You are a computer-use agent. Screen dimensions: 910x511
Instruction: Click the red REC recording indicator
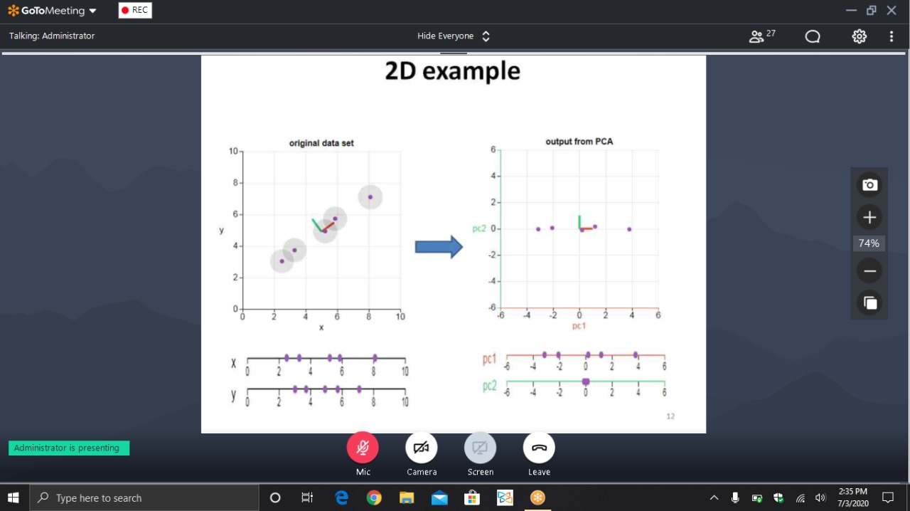135,10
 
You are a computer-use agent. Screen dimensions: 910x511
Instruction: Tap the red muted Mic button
363,448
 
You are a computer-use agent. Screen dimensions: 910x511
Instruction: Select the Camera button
422,448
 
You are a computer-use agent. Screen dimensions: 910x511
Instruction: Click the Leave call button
539,448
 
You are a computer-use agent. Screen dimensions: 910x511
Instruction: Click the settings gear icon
860,36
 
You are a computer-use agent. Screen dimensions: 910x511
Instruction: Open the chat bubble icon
813,36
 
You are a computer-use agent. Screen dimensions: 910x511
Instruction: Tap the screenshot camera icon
869,185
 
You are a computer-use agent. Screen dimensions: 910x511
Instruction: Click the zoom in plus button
869,217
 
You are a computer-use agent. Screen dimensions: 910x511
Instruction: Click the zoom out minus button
869,271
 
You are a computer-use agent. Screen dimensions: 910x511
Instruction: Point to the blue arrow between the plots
439,246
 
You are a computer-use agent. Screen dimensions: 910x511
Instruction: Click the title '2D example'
453,71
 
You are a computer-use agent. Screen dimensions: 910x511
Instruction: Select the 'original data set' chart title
321,143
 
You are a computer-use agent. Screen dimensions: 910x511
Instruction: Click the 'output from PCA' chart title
579,142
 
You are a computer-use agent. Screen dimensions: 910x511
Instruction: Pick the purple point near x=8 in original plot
370,197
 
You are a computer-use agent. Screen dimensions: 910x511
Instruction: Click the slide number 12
670,416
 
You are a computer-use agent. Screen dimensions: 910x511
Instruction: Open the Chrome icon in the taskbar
374,497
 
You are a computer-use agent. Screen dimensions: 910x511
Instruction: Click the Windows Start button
14,497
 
